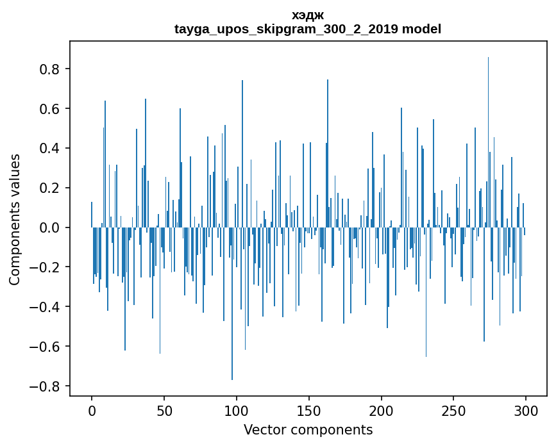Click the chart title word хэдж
point(308,15)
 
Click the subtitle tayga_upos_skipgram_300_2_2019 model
point(308,29)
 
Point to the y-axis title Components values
point(15,219)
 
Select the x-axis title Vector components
point(308,429)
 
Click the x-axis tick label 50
point(164,410)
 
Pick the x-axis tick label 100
point(237,410)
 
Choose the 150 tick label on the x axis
point(309,410)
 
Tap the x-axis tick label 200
point(382,410)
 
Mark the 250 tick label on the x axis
point(453,410)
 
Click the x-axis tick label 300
point(526,410)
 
